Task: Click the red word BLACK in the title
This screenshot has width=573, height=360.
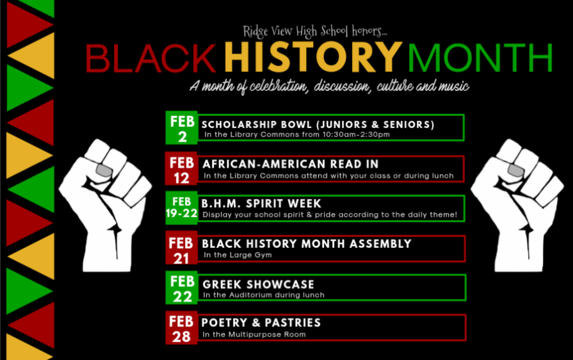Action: (x=150, y=58)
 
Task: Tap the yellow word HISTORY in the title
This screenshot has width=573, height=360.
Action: (x=313, y=56)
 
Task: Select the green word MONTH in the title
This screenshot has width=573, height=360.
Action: (x=480, y=58)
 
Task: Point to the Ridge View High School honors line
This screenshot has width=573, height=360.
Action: (x=314, y=31)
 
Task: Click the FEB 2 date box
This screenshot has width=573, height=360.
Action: (x=182, y=127)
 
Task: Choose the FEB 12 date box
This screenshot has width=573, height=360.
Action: (x=182, y=168)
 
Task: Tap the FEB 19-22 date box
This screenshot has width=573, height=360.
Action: (x=182, y=208)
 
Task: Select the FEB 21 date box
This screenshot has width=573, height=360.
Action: (x=182, y=247)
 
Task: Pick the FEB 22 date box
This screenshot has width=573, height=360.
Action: (x=182, y=288)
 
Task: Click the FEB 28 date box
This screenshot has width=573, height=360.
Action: (x=182, y=328)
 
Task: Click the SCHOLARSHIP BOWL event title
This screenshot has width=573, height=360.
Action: (x=318, y=125)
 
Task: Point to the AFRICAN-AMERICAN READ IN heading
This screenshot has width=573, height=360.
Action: (x=291, y=164)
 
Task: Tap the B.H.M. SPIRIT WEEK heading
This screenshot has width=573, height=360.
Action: (x=261, y=203)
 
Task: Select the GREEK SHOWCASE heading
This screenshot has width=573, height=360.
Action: (x=259, y=284)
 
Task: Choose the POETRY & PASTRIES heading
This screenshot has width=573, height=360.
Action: (x=261, y=323)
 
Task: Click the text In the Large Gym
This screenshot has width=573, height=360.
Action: (x=238, y=255)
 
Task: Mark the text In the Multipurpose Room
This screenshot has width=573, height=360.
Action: (x=254, y=334)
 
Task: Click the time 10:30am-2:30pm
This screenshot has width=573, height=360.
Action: (x=356, y=135)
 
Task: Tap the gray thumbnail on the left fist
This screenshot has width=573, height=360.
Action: (x=104, y=170)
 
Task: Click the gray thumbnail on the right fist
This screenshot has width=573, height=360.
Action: (x=516, y=170)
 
